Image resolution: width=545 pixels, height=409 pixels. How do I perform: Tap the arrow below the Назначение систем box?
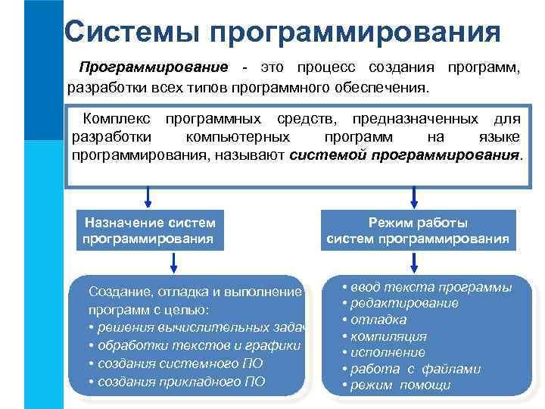click(x=175, y=263)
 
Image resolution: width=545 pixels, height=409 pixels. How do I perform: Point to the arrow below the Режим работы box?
click(x=413, y=263)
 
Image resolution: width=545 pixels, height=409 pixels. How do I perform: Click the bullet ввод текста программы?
click(x=427, y=287)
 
